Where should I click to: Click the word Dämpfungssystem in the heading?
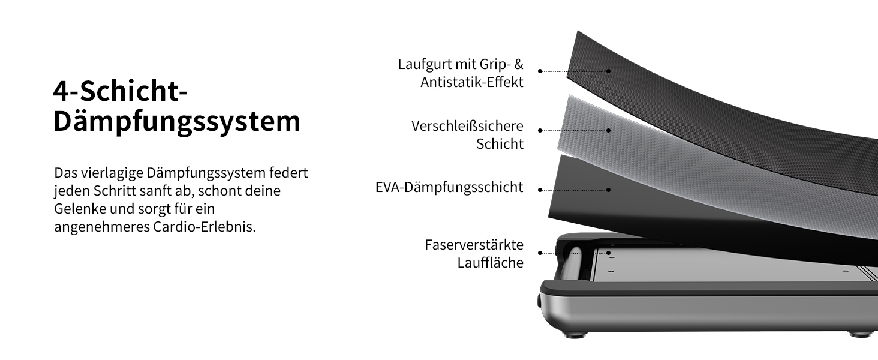click(177, 121)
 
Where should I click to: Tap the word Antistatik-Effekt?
click(472, 82)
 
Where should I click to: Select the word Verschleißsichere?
click(467, 126)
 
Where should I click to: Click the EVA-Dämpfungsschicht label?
click(449, 187)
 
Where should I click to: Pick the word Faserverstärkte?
click(474, 245)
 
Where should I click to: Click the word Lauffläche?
click(490, 263)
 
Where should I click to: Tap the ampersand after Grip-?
click(519, 64)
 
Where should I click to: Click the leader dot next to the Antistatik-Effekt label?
click(540, 71)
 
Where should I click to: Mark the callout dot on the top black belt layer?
click(608, 71)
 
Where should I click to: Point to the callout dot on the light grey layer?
click(608, 130)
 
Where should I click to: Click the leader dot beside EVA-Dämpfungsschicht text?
click(540, 190)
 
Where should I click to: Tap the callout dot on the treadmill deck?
click(608, 253)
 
